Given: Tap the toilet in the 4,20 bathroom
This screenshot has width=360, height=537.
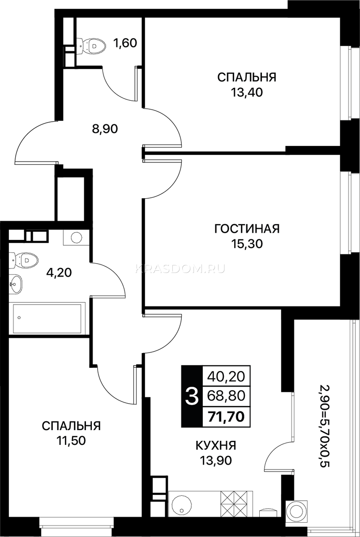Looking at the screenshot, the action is pos(24,260).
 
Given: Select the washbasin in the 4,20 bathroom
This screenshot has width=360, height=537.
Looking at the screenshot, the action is pos(16,284).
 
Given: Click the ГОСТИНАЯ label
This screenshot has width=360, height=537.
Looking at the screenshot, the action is pos(247,229).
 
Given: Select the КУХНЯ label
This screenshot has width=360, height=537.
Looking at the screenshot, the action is pos(216,445).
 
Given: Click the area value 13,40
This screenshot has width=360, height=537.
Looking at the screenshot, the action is pos(247,92).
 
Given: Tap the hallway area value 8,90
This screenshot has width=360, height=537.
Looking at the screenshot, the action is pos(105,129).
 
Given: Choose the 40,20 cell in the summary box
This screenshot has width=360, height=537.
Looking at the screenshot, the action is pos(227,376).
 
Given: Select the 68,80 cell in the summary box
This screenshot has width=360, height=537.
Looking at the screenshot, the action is pos(227,396).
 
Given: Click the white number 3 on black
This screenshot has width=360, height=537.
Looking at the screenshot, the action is pos(192,396).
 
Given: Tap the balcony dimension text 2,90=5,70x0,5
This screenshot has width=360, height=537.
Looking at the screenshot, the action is pos(325,422).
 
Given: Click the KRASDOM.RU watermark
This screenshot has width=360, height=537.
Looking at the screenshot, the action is pos(180,269).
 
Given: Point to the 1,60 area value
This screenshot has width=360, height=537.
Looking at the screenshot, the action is pos(125,43).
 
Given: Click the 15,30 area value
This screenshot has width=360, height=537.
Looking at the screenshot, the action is pos(247,244).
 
